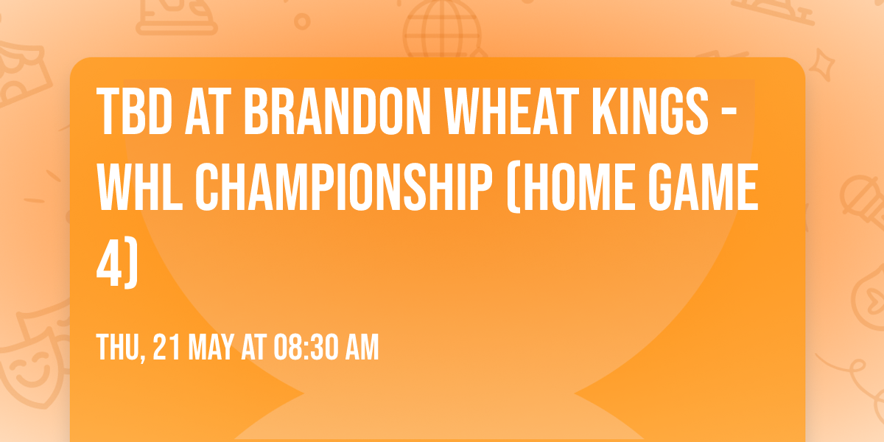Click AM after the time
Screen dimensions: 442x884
(362, 347)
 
